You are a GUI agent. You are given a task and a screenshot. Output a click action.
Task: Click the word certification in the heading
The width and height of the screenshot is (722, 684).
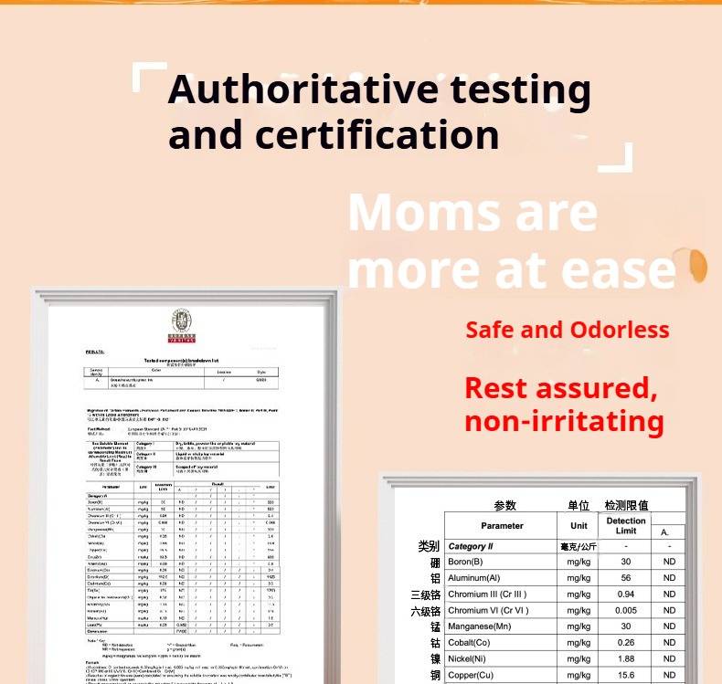tap(377, 134)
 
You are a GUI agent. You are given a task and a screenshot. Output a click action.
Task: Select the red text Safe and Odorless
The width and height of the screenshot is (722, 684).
tap(567, 330)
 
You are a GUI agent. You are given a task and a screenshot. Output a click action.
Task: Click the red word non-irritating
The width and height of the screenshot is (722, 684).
tap(564, 421)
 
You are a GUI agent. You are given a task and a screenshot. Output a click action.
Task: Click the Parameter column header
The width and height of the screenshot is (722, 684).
tap(502, 526)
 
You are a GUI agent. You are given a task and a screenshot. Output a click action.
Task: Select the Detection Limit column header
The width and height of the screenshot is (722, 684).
tap(626, 526)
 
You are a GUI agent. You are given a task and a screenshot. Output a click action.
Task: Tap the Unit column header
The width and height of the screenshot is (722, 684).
tap(579, 526)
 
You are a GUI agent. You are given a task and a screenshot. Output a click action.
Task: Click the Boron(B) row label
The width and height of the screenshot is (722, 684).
tap(465, 562)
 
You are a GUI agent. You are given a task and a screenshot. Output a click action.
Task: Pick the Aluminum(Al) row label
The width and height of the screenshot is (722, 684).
tap(473, 578)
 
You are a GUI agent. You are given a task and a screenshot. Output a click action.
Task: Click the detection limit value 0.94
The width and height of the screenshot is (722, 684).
tap(626, 595)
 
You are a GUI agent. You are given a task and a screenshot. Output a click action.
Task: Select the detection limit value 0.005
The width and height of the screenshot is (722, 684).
tap(626, 611)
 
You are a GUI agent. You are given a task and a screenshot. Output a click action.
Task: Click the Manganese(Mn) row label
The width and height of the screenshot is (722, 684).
tap(481, 627)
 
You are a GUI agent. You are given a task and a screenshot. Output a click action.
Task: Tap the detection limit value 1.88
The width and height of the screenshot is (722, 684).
tap(626, 659)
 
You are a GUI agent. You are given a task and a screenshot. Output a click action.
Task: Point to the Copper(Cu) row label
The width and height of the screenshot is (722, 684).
tap(471, 676)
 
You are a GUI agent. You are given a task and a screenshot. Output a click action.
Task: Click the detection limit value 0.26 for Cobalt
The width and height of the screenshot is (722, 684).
tap(626, 643)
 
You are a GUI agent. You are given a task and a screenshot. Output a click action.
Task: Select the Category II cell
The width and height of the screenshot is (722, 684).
tap(471, 546)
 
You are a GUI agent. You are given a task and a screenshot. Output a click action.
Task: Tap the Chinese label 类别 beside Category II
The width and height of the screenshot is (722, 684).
tap(429, 546)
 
